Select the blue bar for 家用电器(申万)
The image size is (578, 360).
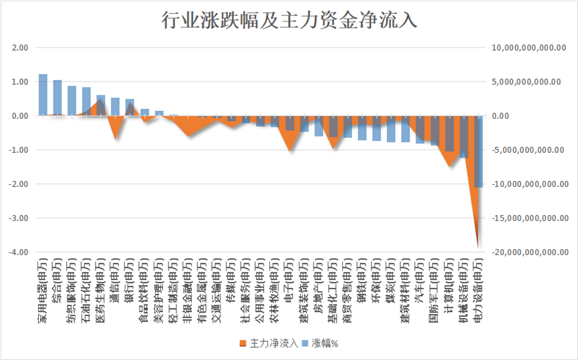43,95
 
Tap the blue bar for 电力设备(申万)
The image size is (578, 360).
478,151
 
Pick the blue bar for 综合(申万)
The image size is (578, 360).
57,98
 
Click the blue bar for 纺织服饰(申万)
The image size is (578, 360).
71,101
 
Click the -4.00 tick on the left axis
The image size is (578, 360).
18,252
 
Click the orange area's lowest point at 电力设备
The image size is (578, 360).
478,247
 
